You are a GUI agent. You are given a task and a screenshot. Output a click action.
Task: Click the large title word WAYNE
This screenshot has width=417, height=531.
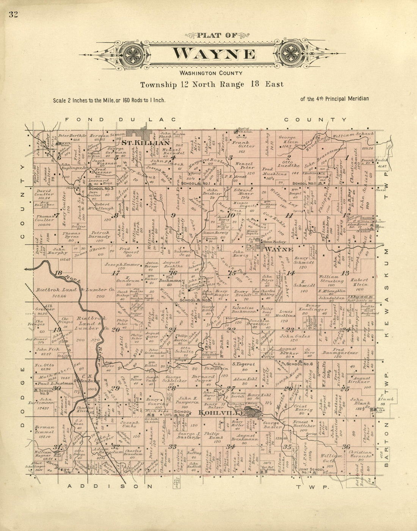point(214,54)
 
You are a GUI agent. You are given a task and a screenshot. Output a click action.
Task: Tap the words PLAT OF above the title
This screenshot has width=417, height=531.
point(216,36)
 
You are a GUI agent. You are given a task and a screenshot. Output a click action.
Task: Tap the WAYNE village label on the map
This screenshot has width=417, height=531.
point(279,249)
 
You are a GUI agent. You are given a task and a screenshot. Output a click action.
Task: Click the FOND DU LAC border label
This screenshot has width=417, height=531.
point(120,119)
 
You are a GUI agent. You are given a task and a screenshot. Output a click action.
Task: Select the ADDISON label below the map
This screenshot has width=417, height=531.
point(110,486)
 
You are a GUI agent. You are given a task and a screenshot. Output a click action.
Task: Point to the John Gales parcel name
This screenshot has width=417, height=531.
point(295,336)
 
